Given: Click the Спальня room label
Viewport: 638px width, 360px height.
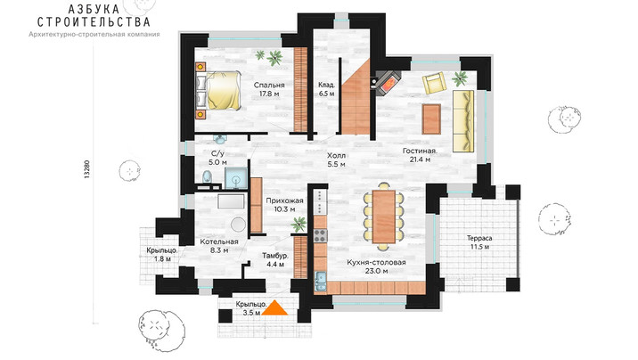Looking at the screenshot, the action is coord(269,86).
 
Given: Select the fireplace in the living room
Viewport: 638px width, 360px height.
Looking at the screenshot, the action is coord(388,84).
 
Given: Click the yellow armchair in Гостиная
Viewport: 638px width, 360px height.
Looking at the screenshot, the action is coord(435,82).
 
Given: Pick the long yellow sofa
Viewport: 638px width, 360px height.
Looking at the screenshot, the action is coord(463,121).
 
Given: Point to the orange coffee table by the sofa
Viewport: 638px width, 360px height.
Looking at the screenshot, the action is coord(431,119).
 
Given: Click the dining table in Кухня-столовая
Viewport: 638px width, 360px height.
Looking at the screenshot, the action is coord(384,217).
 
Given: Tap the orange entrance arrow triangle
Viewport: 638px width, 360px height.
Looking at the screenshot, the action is coord(274,307).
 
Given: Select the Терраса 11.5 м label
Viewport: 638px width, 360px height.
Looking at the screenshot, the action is coord(479,242).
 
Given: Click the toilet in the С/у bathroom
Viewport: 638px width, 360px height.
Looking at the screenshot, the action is coord(208,177).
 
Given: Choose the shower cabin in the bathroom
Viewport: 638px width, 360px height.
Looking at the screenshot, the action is coord(236,178).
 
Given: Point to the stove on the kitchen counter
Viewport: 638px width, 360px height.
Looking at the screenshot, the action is coord(320,235).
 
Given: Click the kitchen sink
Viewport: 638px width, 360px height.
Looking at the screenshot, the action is coord(320,281).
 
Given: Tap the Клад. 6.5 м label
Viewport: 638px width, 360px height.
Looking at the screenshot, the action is coord(327,89).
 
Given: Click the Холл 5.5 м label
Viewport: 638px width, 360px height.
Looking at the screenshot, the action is coord(337,160).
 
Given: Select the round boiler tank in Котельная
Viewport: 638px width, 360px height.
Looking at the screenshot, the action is coord(239,225).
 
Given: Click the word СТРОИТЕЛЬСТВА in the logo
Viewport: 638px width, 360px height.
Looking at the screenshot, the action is coord(94,21).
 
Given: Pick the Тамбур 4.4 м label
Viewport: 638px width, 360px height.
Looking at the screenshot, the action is coord(275,260).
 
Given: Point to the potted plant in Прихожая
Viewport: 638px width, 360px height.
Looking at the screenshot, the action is coord(299,225).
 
